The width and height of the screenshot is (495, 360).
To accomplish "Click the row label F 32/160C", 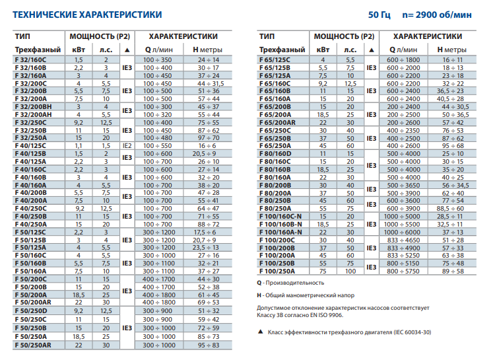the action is [30, 59].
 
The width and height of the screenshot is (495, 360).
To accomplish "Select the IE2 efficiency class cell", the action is [127, 146].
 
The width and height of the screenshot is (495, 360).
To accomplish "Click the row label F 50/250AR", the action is [33, 345].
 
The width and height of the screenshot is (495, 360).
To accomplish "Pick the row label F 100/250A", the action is [277, 271].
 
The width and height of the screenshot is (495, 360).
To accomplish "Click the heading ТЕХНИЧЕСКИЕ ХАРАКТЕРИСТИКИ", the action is [87, 15].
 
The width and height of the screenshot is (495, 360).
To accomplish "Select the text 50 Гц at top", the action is [379, 15].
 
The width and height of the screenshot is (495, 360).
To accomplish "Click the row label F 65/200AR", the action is [277, 123].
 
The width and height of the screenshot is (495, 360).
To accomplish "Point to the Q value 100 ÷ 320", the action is [158, 115].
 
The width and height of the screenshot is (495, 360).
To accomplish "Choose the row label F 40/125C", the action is [30, 146].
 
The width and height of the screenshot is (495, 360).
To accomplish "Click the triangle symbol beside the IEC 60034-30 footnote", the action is [261, 332].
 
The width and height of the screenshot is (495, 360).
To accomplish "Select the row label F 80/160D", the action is [275, 154].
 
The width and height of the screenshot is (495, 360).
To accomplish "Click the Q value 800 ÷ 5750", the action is [403, 271].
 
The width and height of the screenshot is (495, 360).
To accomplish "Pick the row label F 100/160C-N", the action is [280, 216].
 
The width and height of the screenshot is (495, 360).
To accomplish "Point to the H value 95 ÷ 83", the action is [209, 345].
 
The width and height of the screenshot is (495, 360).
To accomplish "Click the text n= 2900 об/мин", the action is [437, 15].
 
